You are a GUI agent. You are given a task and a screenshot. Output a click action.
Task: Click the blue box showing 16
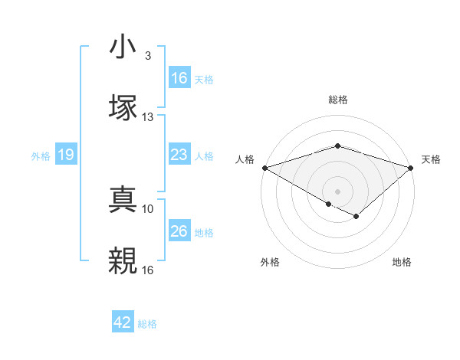[179, 78]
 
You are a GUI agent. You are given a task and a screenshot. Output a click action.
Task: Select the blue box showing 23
[179, 155]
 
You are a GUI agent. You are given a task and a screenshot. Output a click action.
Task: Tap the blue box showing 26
[179, 231]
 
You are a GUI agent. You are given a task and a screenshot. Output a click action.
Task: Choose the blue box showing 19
[66, 155]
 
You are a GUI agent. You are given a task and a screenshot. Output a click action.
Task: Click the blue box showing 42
[123, 322]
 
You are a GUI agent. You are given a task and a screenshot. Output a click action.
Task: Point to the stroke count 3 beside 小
[147, 56]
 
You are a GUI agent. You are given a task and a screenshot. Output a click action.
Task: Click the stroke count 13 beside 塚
[148, 117]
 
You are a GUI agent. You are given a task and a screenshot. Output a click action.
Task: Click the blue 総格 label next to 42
[147, 324]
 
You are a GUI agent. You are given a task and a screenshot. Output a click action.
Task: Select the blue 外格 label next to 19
[41, 155]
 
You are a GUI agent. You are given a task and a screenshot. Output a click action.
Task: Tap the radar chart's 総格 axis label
[338, 100]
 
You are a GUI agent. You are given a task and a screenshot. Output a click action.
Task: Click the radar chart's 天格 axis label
[432, 159]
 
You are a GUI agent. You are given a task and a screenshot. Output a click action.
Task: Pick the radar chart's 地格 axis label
[402, 262]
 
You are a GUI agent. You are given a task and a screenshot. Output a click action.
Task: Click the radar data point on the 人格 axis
[264, 167]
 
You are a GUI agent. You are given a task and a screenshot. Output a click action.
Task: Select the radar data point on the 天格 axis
[411, 167]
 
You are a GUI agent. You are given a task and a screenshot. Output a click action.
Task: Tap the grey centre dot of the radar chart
[338, 191]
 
